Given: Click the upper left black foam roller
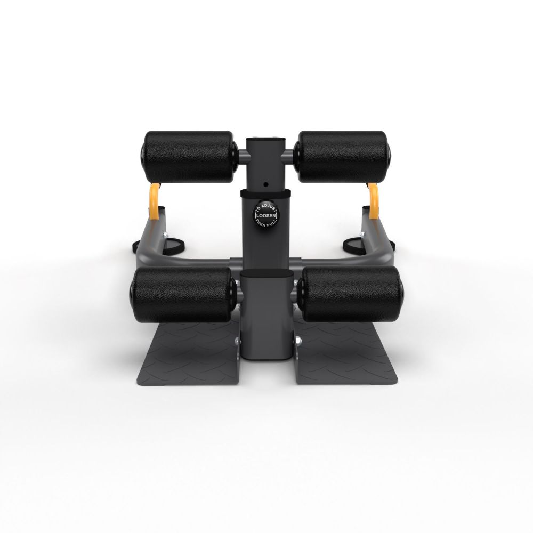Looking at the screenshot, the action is tap(188, 157).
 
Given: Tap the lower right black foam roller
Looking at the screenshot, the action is tap(351, 294).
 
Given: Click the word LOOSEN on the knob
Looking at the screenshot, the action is tap(266, 215).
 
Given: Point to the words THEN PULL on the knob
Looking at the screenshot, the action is tap(266, 224).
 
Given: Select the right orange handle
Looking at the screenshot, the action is tap(373, 200).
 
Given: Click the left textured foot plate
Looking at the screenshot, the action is tap(188, 353).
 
